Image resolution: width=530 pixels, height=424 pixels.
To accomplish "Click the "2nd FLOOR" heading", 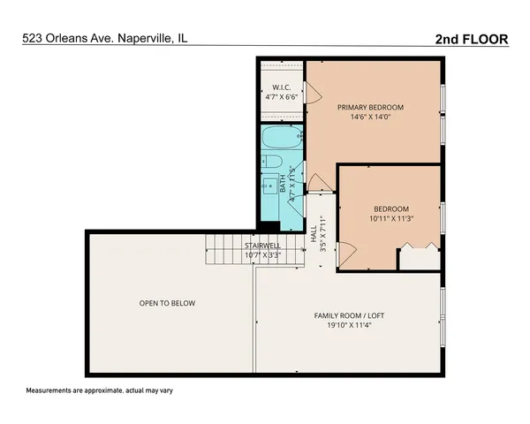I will (473, 39).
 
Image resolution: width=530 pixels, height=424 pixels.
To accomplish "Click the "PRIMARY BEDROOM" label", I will (373, 107).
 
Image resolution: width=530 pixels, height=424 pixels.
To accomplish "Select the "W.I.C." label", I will (281, 87).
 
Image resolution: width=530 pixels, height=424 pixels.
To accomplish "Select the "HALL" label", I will (314, 233).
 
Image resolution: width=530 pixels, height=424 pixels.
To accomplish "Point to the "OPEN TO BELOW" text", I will (167, 303).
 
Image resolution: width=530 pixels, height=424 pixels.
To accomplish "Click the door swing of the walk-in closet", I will (311, 92).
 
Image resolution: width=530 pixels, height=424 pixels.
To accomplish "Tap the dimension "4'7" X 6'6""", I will (281, 96).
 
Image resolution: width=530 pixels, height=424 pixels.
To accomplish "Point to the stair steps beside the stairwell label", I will (223, 254).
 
